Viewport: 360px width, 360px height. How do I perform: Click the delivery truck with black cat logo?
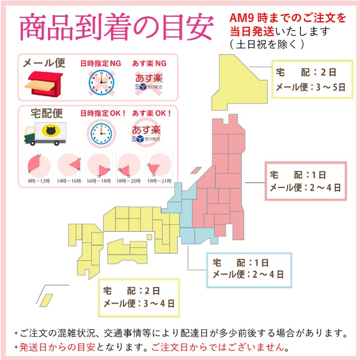[45, 134]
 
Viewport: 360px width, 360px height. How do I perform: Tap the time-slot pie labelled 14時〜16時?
[68, 164]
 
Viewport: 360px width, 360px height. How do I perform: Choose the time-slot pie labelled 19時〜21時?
[155, 164]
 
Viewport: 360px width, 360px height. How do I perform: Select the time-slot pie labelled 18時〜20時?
[127, 164]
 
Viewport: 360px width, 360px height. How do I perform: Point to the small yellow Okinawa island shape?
[48, 300]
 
